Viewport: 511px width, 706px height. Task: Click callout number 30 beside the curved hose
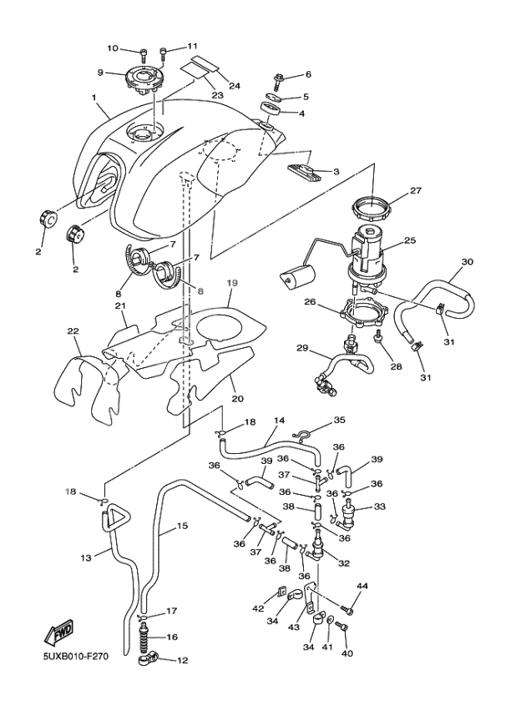(466, 261)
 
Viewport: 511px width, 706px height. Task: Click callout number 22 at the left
(73, 331)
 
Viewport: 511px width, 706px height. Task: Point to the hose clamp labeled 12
(149, 658)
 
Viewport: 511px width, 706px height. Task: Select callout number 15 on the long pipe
(182, 526)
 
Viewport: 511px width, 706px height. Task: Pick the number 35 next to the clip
(339, 420)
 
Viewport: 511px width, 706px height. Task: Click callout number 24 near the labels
(234, 86)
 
